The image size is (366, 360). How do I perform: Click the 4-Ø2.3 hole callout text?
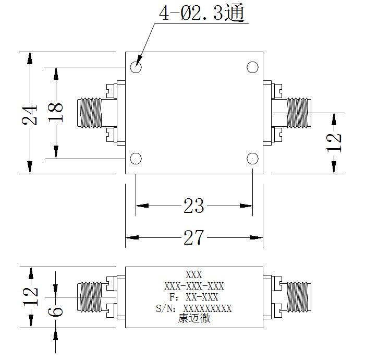[202, 13]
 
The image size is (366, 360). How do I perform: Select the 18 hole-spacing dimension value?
[56, 113]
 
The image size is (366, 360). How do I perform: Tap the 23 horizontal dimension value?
[194, 206]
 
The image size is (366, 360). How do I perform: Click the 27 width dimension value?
[194, 237]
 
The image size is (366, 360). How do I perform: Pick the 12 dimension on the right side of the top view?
[334, 143]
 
